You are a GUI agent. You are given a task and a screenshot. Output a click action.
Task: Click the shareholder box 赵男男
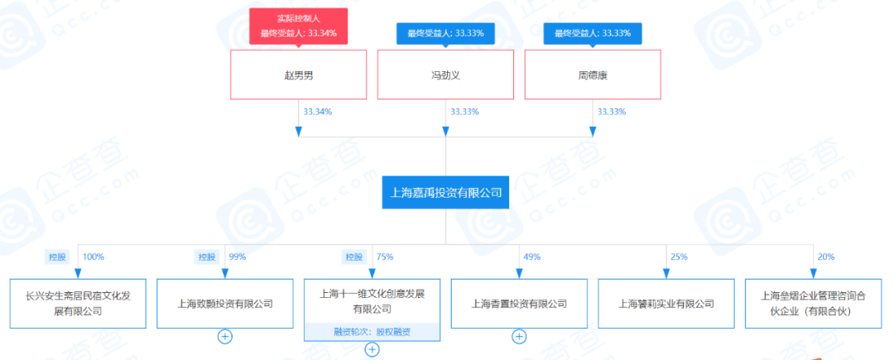[x=298, y=74]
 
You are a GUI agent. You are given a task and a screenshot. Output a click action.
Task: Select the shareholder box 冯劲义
[x=445, y=74]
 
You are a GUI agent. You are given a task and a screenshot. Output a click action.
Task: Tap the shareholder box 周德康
[x=593, y=74]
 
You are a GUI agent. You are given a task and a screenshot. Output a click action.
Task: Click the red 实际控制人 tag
[x=298, y=26]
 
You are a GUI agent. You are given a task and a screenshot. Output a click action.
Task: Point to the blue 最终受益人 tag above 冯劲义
[x=445, y=33]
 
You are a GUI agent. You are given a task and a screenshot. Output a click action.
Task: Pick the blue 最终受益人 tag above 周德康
[x=593, y=33]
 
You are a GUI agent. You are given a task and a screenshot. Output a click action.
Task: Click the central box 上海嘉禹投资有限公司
[x=445, y=193]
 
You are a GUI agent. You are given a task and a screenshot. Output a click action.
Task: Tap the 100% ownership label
[x=94, y=257]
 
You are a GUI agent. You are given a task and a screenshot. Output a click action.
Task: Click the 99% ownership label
[x=237, y=257]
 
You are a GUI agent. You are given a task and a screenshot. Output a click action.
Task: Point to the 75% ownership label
[x=384, y=257]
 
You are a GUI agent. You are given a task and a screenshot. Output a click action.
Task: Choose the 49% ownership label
[x=531, y=257]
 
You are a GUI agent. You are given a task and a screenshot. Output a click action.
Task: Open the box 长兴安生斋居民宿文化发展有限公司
[x=78, y=304]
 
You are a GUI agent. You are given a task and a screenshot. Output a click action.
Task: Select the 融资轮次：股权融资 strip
[x=372, y=332]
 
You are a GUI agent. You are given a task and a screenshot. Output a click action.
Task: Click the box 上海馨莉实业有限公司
[x=666, y=304]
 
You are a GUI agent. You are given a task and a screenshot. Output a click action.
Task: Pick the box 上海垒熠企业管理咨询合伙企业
[x=814, y=304]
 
